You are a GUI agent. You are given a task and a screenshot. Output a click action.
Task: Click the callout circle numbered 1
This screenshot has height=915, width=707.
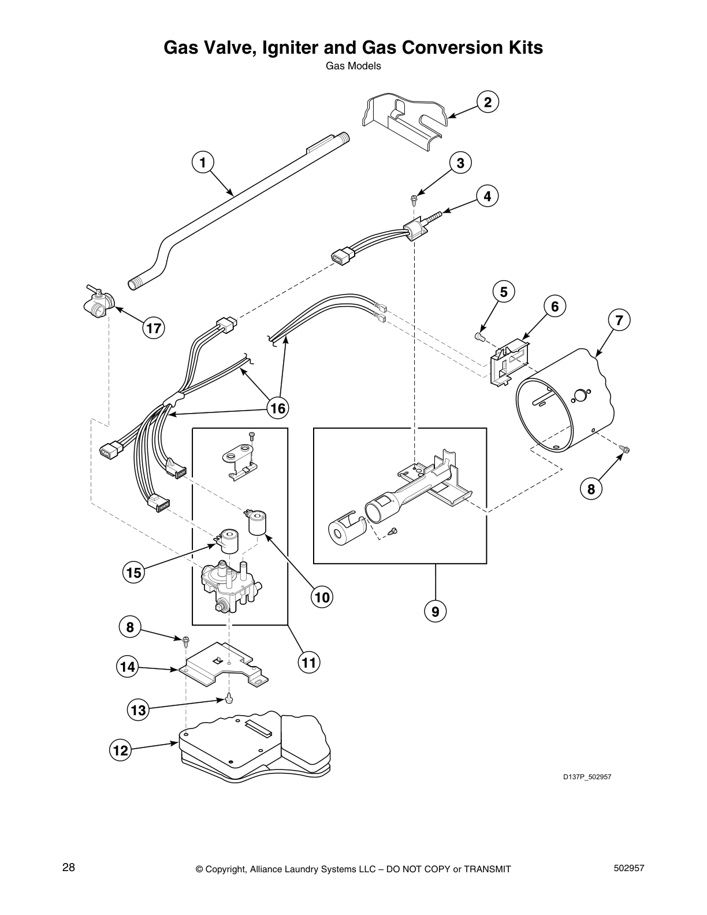pyautogui.click(x=203, y=162)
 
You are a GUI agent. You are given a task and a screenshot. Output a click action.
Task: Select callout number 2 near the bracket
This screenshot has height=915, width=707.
pyautogui.click(x=488, y=102)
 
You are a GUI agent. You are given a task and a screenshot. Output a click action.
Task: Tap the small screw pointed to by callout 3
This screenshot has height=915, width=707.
pyautogui.click(x=414, y=199)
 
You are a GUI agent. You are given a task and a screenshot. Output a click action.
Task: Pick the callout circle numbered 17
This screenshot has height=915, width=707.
pyautogui.click(x=154, y=329)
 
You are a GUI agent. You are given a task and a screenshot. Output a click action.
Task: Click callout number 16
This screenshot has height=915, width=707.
pyautogui.click(x=277, y=408)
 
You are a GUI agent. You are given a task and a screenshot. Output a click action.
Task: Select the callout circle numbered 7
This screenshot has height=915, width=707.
pyautogui.click(x=619, y=320)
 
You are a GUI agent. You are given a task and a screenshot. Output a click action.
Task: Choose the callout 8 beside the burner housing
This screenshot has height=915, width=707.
pyautogui.click(x=591, y=489)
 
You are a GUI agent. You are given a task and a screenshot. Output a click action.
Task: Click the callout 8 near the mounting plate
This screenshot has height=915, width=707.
pyautogui.click(x=130, y=627)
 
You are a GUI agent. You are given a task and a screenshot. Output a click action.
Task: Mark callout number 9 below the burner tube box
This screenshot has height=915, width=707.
pyautogui.click(x=435, y=611)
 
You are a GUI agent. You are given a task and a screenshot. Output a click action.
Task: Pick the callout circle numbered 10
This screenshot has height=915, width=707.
pyautogui.click(x=322, y=597)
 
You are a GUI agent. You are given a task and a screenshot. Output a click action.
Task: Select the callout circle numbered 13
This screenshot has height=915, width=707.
pyautogui.click(x=139, y=710)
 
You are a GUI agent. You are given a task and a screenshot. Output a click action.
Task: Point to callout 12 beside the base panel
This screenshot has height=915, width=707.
pyautogui.click(x=120, y=750)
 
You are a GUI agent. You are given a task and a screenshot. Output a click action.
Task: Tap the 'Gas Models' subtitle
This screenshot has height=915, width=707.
pyautogui.click(x=353, y=66)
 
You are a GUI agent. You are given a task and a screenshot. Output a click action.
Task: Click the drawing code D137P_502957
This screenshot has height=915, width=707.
pyautogui.click(x=587, y=777)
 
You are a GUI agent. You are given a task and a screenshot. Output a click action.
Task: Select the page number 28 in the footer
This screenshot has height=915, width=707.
pyautogui.click(x=68, y=868)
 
